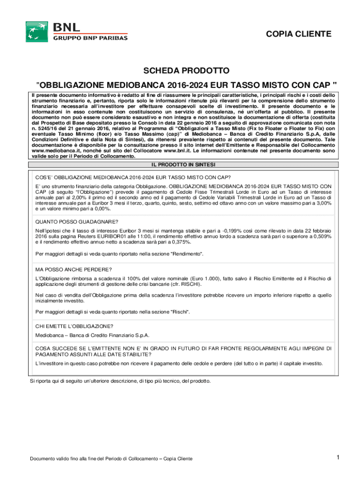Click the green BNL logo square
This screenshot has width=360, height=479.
pyautogui.click(x=36, y=31)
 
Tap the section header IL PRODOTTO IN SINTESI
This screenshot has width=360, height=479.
pyautogui.click(x=182, y=165)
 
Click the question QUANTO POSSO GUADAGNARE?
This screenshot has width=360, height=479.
pyautogui.click(x=77, y=222)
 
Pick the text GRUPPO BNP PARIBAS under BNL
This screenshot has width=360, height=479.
pyautogui.click(x=90, y=38)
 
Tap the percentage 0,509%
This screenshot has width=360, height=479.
pyautogui.click(x=322, y=237)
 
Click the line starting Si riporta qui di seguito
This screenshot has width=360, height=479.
pyautogui.click(x=120, y=381)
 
